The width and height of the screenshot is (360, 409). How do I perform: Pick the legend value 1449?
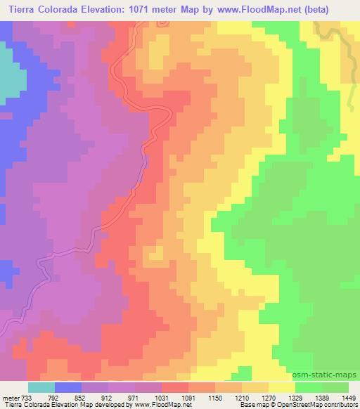click(x=349, y=397)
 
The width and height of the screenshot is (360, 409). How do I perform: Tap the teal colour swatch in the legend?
click(x=41, y=387)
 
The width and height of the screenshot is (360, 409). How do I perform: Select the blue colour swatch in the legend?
click(x=68, y=387)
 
